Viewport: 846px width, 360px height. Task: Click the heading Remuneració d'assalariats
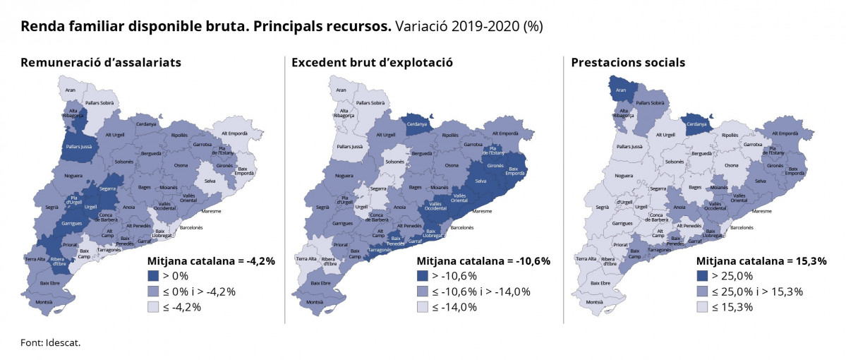pyautogui.click(x=101, y=63)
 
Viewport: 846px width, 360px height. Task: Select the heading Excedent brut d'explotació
pyautogui.click(x=372, y=63)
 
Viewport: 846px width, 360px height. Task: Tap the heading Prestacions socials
pyautogui.click(x=628, y=63)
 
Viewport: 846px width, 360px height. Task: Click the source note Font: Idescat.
pyautogui.click(x=51, y=342)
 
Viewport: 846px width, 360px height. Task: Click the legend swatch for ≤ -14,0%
pyautogui.click(x=423, y=307)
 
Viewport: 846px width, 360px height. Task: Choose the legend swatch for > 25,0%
pyautogui.click(x=702, y=276)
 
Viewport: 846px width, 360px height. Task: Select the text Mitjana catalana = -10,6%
pyautogui.click(x=483, y=260)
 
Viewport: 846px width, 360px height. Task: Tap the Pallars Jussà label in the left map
pyautogui.click(x=78, y=147)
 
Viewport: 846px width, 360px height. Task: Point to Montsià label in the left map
pyautogui.click(x=44, y=301)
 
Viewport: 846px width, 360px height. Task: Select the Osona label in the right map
pyautogui.click(x=731, y=165)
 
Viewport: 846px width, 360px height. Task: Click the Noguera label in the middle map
pyautogui.click(x=345, y=176)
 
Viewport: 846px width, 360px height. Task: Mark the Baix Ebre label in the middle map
pyautogui.click(x=321, y=283)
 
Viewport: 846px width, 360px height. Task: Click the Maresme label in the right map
pyautogui.click(x=763, y=211)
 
